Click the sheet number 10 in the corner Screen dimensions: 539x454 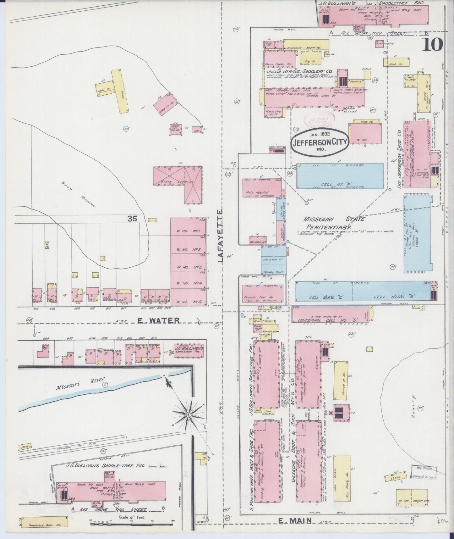click(x=433, y=44)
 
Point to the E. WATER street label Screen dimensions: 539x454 click(x=159, y=320)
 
